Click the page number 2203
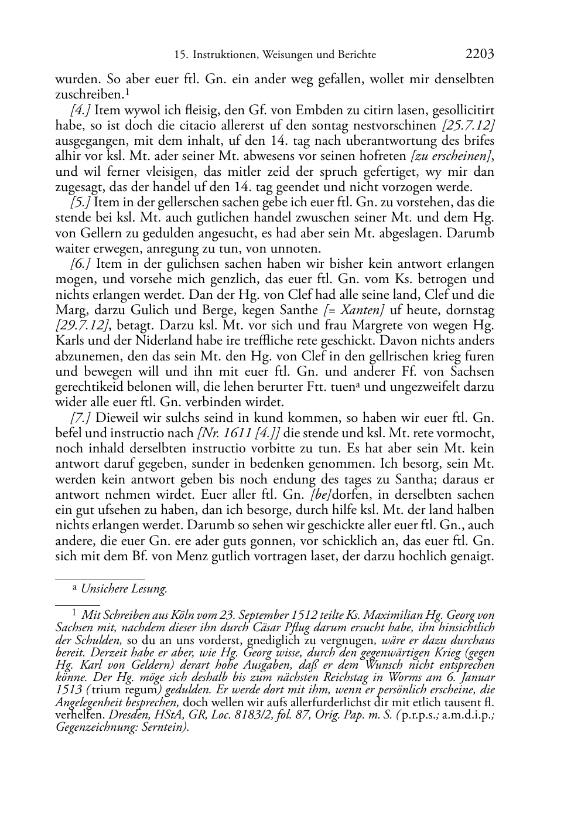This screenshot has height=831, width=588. pos(480,55)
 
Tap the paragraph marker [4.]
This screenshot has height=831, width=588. pos(80,110)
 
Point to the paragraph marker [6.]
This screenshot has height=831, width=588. pos(80,264)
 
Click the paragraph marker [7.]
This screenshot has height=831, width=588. pos(80,418)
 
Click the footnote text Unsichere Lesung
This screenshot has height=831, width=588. pos(124,589)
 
